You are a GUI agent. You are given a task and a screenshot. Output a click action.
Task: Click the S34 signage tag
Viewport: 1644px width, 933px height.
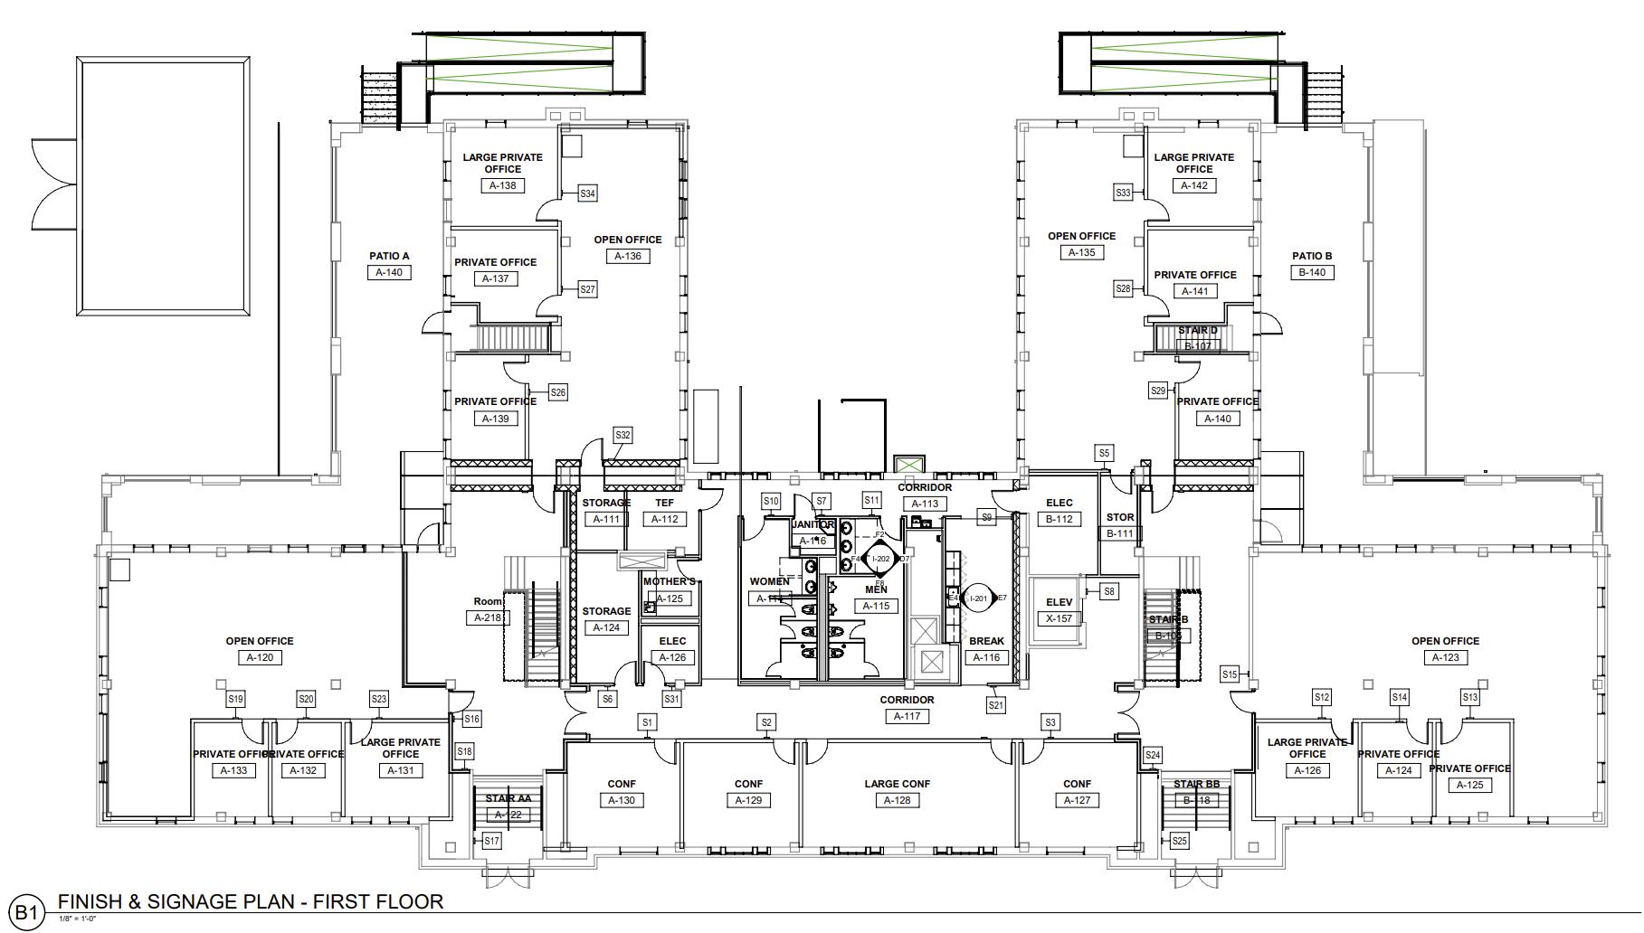[588, 193]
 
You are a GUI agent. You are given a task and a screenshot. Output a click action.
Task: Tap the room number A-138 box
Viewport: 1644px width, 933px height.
[502, 185]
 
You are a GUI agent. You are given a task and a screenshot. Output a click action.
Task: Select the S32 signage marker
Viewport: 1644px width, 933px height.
[622, 435]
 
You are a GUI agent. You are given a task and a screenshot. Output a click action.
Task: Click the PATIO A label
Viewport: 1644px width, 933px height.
[389, 256]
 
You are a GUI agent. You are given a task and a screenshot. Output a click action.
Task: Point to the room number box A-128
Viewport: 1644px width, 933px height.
[897, 800]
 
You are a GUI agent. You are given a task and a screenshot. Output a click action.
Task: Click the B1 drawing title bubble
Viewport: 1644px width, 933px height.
[26, 912]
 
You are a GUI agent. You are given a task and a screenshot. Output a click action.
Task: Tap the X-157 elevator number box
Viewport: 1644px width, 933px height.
[1059, 618]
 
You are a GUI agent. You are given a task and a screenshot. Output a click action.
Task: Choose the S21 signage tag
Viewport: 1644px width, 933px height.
[996, 705]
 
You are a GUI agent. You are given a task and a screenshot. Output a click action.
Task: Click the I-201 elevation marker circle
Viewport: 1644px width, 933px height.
[977, 598]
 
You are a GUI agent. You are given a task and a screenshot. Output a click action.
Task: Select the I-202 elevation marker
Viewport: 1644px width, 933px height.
[880, 560]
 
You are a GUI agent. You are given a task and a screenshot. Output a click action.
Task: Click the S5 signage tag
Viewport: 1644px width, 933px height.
[1104, 453]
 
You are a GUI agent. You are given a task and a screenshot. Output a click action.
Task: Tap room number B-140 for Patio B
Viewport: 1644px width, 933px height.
[1312, 272]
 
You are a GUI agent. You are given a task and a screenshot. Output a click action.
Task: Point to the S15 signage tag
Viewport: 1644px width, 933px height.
[1229, 674]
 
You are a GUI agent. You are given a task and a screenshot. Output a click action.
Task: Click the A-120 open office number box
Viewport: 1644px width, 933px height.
[260, 657]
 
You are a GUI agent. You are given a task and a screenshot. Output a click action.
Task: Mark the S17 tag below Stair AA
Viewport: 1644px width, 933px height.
[491, 841]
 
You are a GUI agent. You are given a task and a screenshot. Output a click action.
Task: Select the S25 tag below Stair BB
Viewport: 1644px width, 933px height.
[1179, 841]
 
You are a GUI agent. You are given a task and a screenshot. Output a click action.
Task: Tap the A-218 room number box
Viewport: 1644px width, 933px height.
[487, 617]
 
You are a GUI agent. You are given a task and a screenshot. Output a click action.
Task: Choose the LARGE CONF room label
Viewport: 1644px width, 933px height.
[897, 784]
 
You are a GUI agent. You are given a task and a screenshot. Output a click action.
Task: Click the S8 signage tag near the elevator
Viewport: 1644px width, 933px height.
[1109, 591]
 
